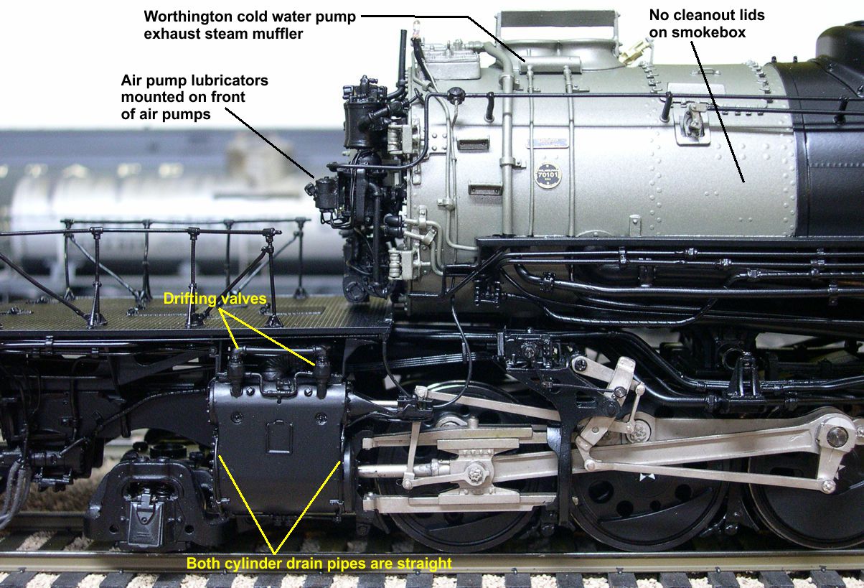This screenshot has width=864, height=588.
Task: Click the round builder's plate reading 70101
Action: [548, 175]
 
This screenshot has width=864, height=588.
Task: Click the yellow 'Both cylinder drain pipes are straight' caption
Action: [319, 564]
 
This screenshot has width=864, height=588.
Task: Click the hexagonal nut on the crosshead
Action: [474, 474]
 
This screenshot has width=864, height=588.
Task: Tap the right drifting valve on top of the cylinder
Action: [321, 364]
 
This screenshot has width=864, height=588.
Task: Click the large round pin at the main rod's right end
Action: [836, 437]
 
